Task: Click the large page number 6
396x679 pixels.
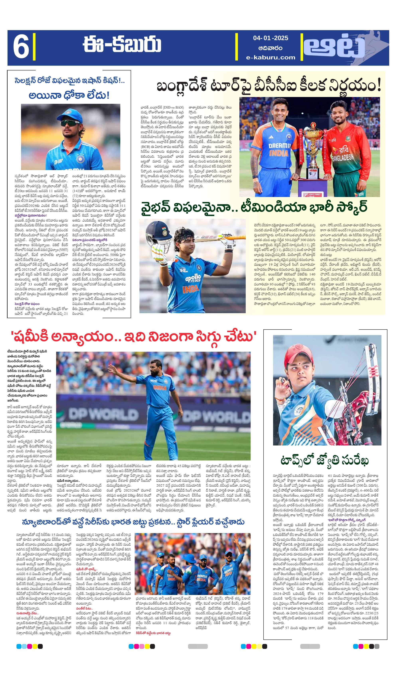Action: (21, 48)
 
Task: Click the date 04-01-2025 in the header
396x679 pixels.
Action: (271, 38)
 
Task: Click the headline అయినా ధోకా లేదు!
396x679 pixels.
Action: (69, 95)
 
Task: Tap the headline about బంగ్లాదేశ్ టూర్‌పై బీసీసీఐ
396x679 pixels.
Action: (269, 86)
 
